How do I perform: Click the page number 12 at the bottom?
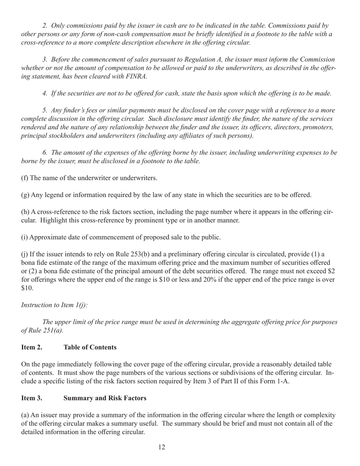point(161,447)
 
